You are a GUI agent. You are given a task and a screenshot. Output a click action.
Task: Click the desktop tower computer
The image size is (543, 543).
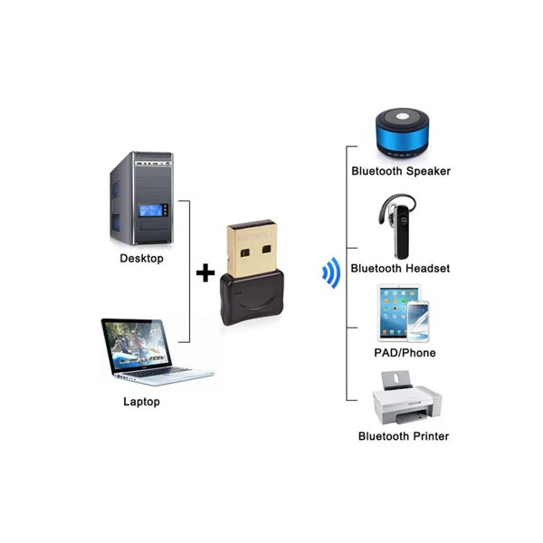tap(142, 198)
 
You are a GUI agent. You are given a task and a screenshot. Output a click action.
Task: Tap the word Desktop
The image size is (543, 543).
tap(142, 258)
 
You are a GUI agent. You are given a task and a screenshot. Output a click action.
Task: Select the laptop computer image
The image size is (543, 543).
tap(157, 352)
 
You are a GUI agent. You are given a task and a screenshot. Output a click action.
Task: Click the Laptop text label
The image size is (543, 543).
tap(142, 402)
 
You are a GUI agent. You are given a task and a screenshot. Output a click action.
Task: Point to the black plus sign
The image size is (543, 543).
tap(205, 272)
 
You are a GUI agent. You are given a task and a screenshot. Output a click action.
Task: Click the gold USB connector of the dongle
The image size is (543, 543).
tap(252, 248)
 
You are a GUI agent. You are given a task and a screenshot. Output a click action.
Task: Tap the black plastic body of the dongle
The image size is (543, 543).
tap(252, 298)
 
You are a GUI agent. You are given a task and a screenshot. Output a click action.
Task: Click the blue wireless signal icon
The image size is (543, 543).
tap(331, 273)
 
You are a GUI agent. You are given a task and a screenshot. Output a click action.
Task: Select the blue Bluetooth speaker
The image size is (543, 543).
tap(403, 133)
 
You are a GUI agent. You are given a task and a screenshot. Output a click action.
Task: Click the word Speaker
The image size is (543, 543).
tap(428, 171)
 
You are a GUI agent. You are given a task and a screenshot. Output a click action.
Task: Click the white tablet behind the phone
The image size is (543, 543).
tap(395, 311)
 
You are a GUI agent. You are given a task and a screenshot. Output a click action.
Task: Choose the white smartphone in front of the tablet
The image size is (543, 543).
tap(418, 321)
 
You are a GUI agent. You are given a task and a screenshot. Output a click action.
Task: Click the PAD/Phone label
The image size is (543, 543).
tap(405, 353)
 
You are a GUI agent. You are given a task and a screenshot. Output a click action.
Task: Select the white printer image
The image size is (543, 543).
tap(407, 398)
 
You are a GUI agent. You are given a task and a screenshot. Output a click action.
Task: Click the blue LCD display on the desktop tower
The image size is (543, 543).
tap(150, 211)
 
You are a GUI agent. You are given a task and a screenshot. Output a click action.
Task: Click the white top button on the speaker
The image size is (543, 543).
tap(402, 116)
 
